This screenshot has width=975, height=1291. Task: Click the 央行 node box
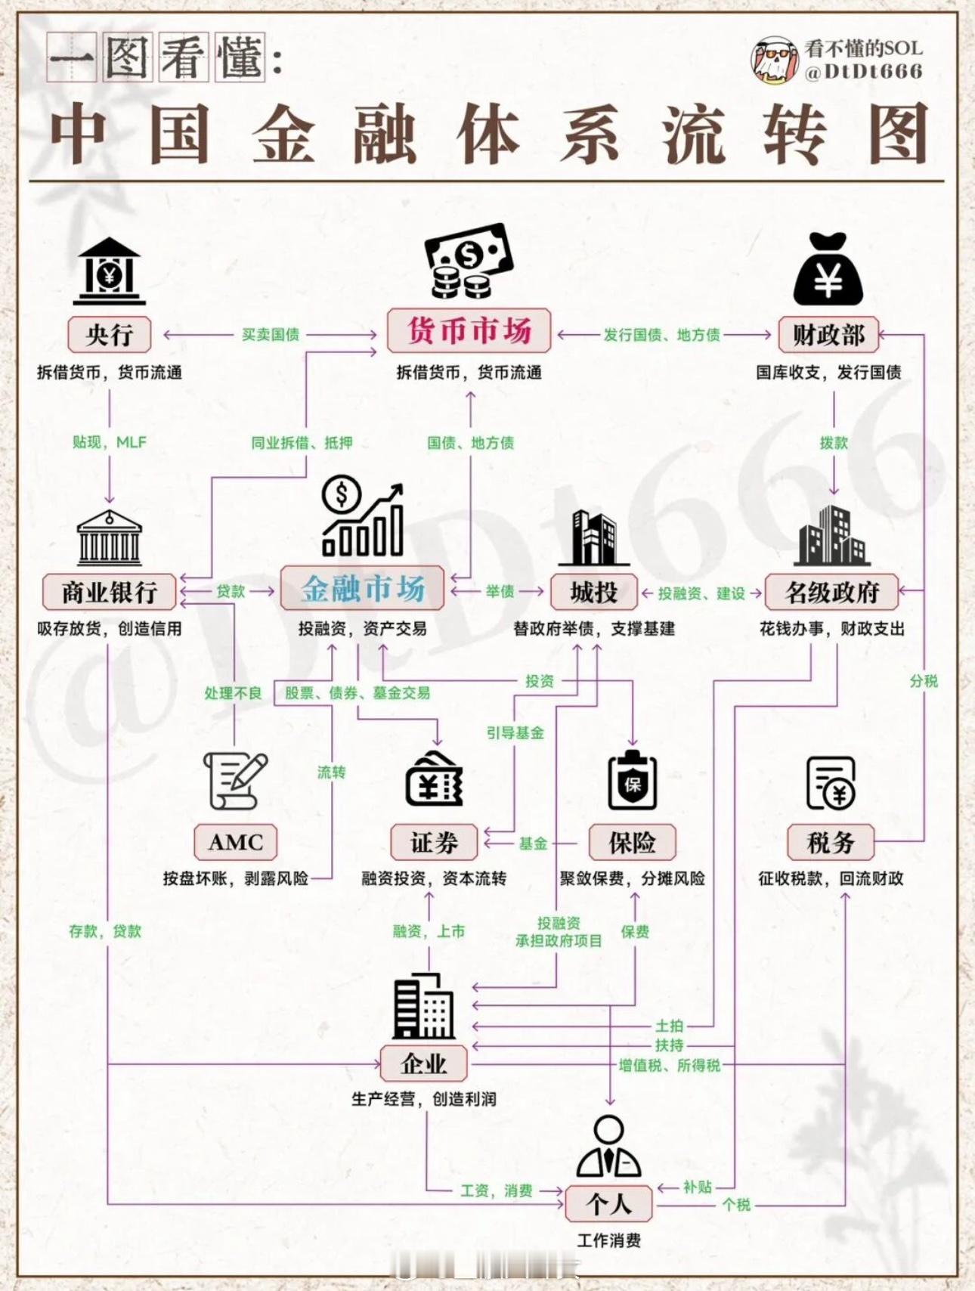[110, 335]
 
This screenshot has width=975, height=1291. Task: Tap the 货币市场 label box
[469, 331]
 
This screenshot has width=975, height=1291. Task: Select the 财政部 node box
[828, 335]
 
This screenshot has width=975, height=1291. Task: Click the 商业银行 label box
[110, 592]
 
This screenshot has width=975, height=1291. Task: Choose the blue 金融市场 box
[362, 589]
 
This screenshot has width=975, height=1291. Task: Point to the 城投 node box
[593, 592]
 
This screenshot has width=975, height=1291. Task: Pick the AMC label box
[236, 842]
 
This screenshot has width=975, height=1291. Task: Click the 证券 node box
[434, 842]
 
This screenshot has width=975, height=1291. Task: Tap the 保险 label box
[632, 842]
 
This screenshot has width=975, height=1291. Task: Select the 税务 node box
[830, 842]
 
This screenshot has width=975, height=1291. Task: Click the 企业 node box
[423, 1064]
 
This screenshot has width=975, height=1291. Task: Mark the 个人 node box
[608, 1203]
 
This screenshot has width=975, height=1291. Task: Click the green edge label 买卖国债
[270, 335]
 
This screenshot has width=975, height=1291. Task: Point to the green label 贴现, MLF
[110, 442]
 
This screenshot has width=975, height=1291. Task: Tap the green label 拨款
[834, 443]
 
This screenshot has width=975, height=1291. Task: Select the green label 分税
[924, 681]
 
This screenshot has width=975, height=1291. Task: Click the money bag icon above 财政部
[828, 269]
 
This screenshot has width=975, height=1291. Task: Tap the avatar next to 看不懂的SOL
[773, 60]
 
